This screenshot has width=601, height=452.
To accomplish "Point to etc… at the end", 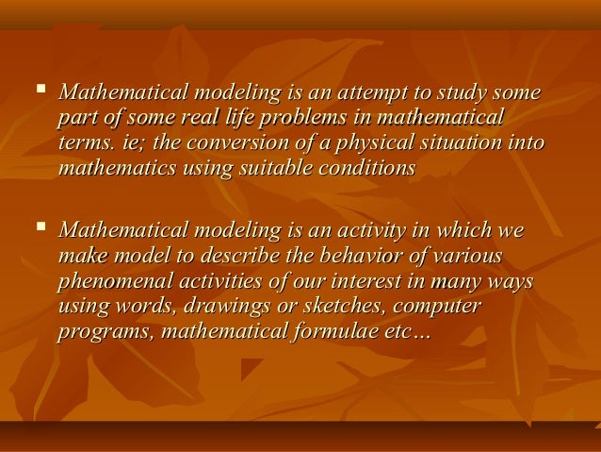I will (x=405, y=331).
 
